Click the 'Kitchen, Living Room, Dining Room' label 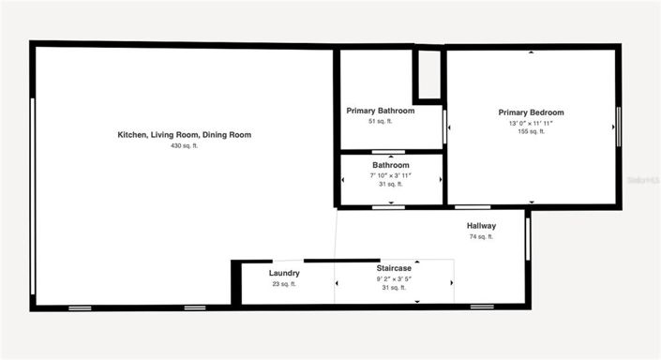click(184, 135)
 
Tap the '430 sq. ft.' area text click(184, 146)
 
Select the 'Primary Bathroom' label click(381, 111)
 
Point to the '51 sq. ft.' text click(380, 121)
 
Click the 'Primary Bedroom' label click(531, 112)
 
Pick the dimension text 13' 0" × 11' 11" click(531, 123)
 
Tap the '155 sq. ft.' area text click(531, 132)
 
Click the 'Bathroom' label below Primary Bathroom click(390, 165)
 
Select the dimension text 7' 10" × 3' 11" click(390, 175)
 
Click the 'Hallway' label click(481, 226)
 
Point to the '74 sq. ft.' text click(481, 237)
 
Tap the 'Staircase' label click(394, 268)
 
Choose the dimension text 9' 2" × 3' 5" click(394, 278)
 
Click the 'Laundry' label click(284, 273)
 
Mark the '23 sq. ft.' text click(284, 284)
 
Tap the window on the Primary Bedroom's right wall click(618, 126)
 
